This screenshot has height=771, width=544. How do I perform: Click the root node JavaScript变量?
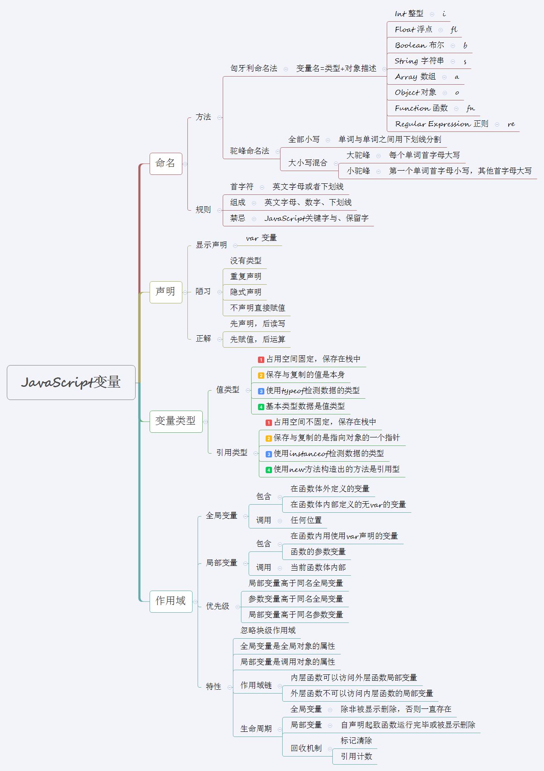[71, 383]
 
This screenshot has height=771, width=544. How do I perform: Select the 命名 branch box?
[166, 163]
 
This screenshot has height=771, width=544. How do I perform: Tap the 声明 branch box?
[166, 292]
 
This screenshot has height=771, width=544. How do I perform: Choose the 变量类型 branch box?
[176, 421]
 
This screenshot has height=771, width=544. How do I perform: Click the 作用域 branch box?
[171, 601]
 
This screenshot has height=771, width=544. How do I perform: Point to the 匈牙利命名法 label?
[254, 69]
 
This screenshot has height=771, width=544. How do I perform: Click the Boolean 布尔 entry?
[419, 45]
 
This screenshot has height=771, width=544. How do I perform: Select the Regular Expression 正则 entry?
[442, 124]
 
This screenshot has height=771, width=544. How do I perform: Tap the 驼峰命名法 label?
[249, 151]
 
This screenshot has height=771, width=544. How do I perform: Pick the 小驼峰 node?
[358, 171]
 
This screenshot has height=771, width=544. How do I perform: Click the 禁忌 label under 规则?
[238, 218]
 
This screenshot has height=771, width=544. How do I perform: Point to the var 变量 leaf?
[261, 238]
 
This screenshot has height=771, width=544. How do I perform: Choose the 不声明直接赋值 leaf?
[258, 308]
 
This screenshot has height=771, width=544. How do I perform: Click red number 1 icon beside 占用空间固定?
[261, 360]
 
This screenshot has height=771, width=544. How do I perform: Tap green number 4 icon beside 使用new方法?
[269, 470]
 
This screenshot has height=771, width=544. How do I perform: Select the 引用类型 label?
[232, 453]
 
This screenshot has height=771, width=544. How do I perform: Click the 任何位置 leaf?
[306, 520]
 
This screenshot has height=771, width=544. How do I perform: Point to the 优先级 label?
[218, 606]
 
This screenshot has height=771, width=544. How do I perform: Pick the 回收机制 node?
[306, 748]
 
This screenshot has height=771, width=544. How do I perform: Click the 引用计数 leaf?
[356, 757]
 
